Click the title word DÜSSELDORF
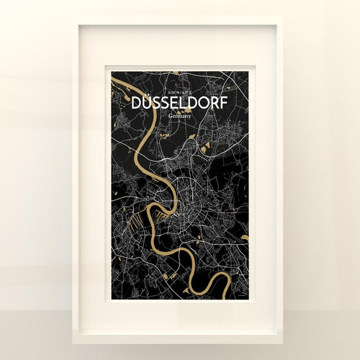179,103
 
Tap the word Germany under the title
179,115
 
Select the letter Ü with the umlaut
145,103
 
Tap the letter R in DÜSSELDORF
215,103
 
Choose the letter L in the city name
186,103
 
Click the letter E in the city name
177,103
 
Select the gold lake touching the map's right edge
245,237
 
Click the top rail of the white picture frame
179,22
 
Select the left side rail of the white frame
76,180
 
